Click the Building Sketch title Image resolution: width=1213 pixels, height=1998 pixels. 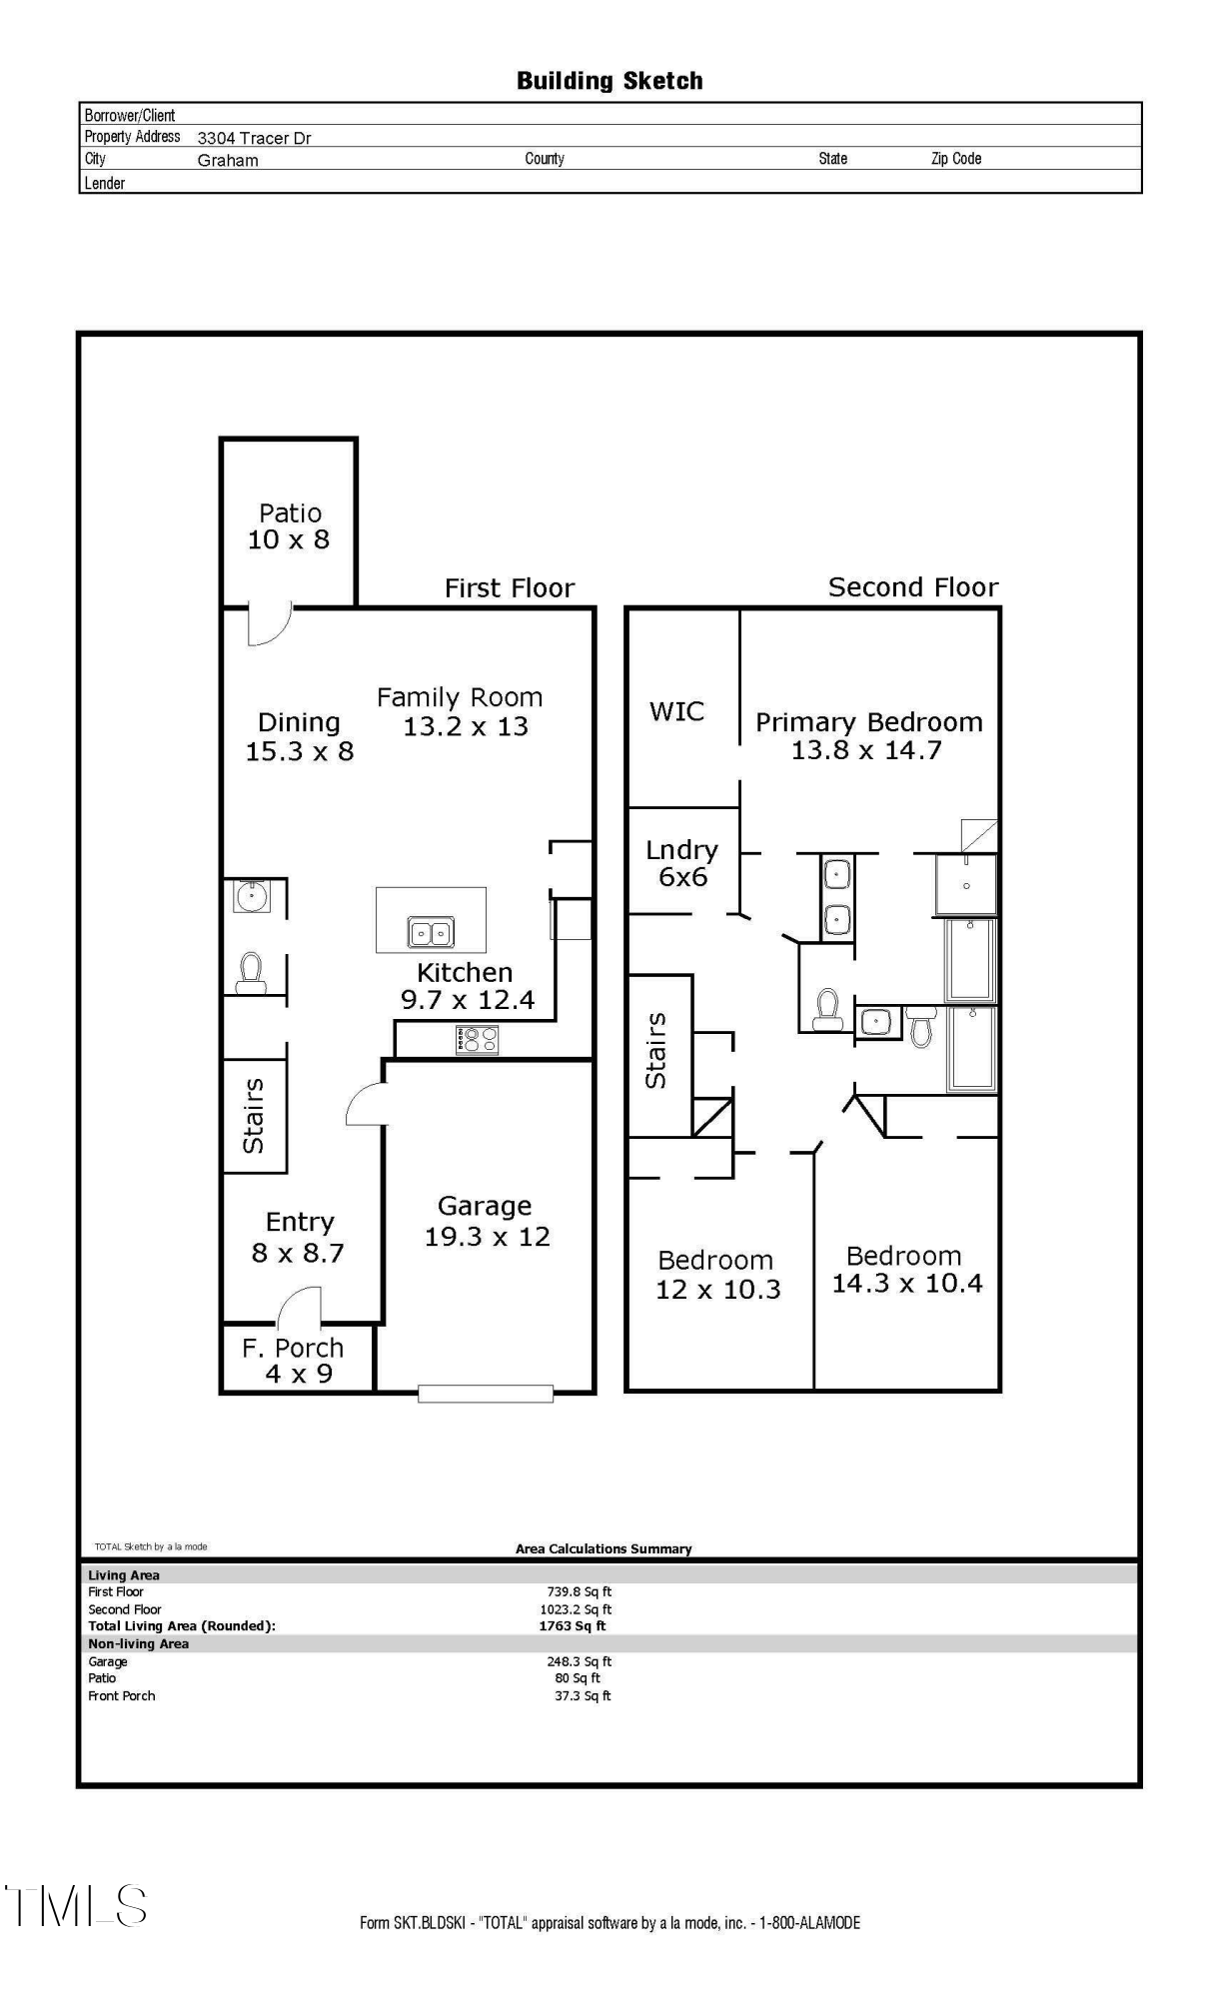[x=609, y=81]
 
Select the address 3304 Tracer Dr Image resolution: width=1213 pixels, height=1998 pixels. [x=254, y=138]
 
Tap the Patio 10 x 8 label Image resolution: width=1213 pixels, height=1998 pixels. [x=289, y=526]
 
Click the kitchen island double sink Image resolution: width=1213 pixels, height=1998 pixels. [x=431, y=933]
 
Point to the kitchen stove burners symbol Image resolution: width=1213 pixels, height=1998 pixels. [x=477, y=1040]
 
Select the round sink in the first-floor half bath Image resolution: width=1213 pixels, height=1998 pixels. [x=251, y=896]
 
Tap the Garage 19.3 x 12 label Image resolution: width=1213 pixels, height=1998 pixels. [x=487, y=1221]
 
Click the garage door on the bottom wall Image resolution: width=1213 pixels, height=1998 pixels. [x=486, y=1393]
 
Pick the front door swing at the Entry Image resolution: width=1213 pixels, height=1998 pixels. [x=301, y=1305]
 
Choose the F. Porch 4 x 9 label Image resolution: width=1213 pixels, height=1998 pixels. [x=294, y=1361]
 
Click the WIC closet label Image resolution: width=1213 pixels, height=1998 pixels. [x=676, y=711]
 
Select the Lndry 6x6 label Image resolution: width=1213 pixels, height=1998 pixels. [x=682, y=863]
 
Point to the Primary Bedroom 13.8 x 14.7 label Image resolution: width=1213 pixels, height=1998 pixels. [x=868, y=735]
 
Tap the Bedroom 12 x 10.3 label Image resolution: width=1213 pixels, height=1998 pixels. [x=716, y=1275]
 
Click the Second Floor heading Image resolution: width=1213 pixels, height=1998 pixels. [x=913, y=587]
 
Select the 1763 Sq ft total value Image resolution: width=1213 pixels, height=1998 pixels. [x=573, y=1625]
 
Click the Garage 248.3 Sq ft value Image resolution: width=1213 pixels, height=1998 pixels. [x=579, y=1661]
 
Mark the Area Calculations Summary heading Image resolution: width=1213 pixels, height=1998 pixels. [x=604, y=1548]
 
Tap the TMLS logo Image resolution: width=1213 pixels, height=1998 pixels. [x=76, y=1906]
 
